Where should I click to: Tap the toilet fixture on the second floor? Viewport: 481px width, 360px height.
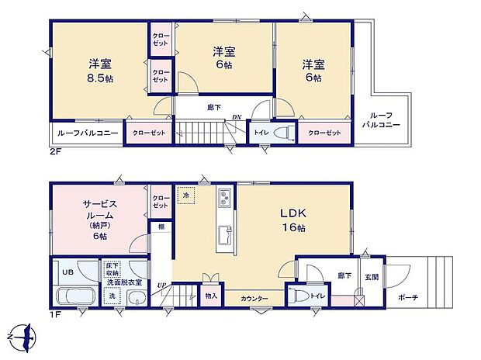(282, 133)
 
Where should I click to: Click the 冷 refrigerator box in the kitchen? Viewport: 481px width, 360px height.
(186, 197)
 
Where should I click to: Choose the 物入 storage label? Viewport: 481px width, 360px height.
(211, 296)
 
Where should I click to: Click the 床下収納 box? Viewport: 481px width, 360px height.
(113, 269)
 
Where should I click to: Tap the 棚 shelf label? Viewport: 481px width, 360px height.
(161, 227)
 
